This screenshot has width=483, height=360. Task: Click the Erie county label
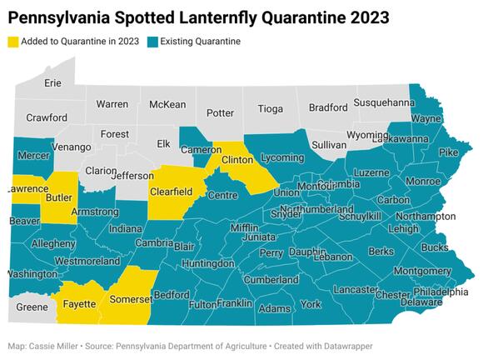click(52, 83)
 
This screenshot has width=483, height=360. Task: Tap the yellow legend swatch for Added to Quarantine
click(14, 42)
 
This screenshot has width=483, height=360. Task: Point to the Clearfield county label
click(171, 192)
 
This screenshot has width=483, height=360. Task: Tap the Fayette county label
click(78, 305)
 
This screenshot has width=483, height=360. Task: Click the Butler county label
click(57, 198)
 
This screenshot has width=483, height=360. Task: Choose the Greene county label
click(32, 307)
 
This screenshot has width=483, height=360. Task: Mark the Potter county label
click(220, 112)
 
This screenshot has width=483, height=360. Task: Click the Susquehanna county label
click(384, 102)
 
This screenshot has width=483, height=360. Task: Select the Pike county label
click(448, 152)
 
